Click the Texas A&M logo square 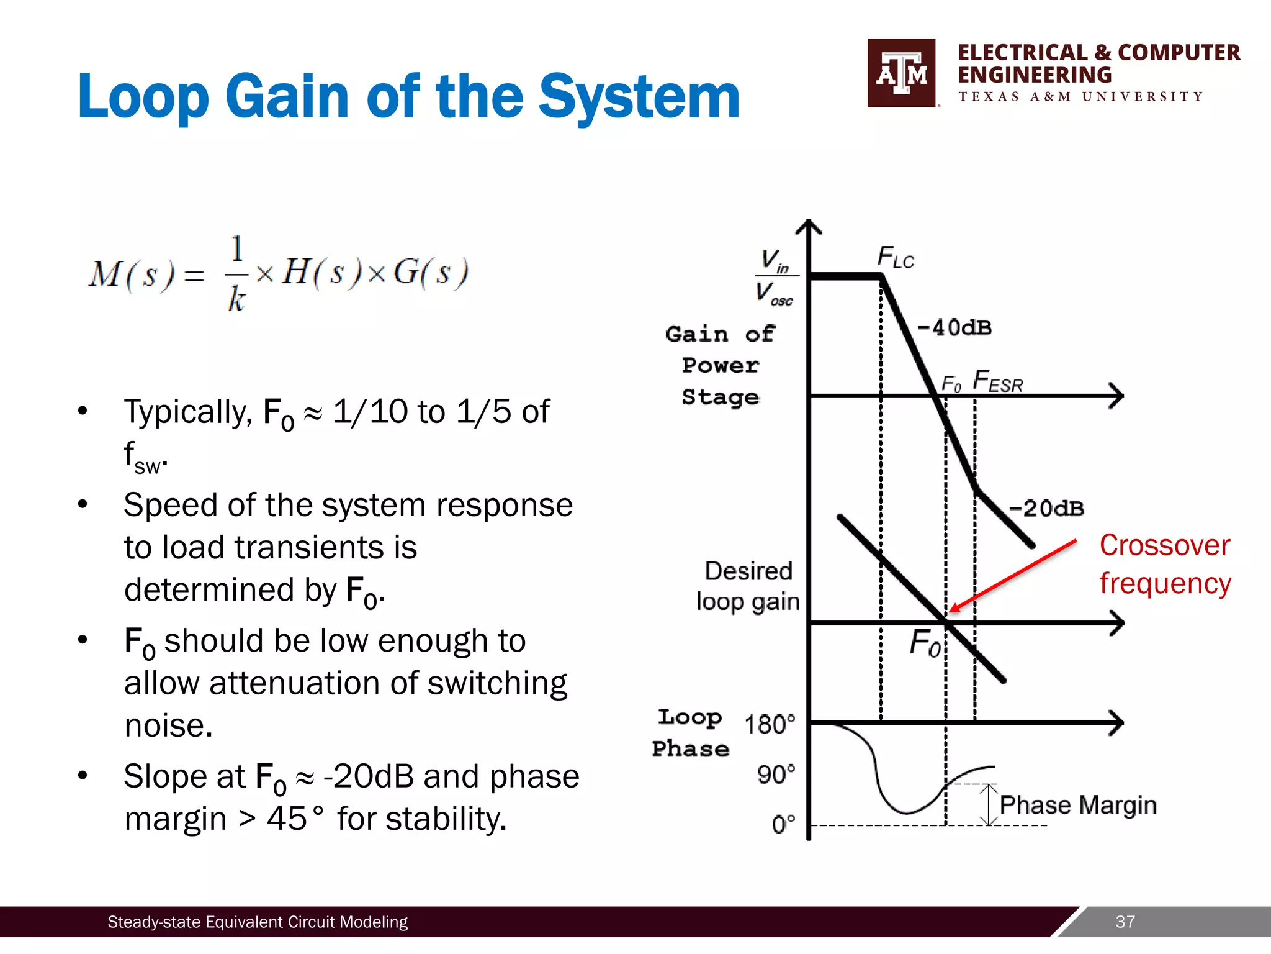click(901, 73)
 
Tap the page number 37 click(1125, 922)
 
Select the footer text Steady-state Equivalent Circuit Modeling click(258, 922)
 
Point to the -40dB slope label click(954, 327)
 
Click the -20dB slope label click(1046, 508)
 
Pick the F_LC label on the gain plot click(895, 257)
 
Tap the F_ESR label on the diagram click(997, 381)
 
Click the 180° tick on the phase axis click(770, 724)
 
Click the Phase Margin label click(1078, 805)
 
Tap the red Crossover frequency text click(1164, 564)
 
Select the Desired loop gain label click(748, 586)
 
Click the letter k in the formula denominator click(236, 299)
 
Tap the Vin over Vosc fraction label click(775, 276)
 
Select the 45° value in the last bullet click(295, 818)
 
